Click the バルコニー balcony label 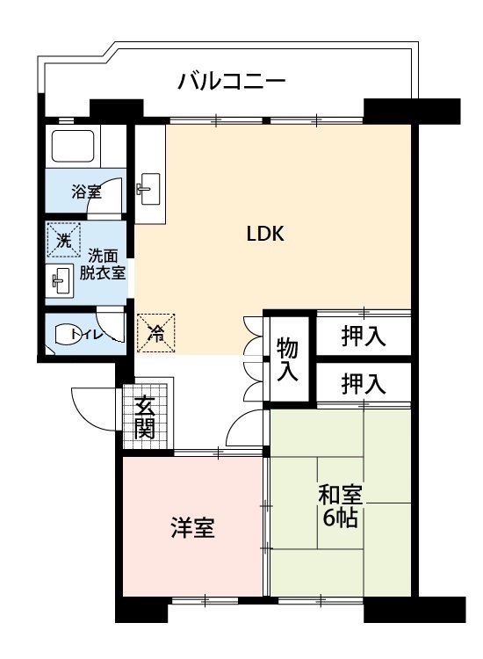[x=232, y=82]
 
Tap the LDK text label [x=265, y=234]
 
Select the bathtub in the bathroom [x=72, y=145]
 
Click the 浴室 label [x=86, y=192]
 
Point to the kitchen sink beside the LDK [x=149, y=189]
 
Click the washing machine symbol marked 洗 [x=63, y=240]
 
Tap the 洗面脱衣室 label [x=103, y=265]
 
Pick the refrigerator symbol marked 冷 [x=155, y=333]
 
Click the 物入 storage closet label [x=288, y=359]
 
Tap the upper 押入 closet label [x=364, y=336]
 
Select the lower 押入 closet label [x=364, y=384]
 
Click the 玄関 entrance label [x=145, y=416]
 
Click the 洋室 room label [x=193, y=528]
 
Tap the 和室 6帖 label [x=340, y=506]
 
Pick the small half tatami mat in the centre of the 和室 [x=340, y=503]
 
